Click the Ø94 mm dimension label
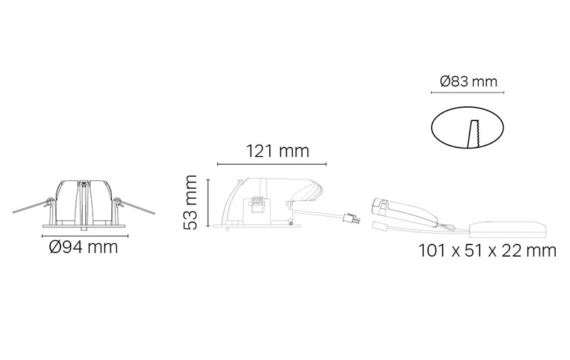pyautogui.click(x=83, y=247)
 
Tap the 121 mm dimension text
pyautogui.click(x=278, y=151)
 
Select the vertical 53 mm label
pyautogui.click(x=190, y=202)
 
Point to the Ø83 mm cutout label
pyautogui.click(x=468, y=81)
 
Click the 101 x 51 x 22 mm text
pyautogui.click(x=487, y=250)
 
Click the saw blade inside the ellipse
pyautogui.click(x=474, y=134)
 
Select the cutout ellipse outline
pyautogui.click(x=432, y=128)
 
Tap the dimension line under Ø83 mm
pyautogui.click(x=467, y=93)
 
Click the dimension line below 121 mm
pyautogui.click(x=272, y=165)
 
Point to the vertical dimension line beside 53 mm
pyautogui.click(x=208, y=202)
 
